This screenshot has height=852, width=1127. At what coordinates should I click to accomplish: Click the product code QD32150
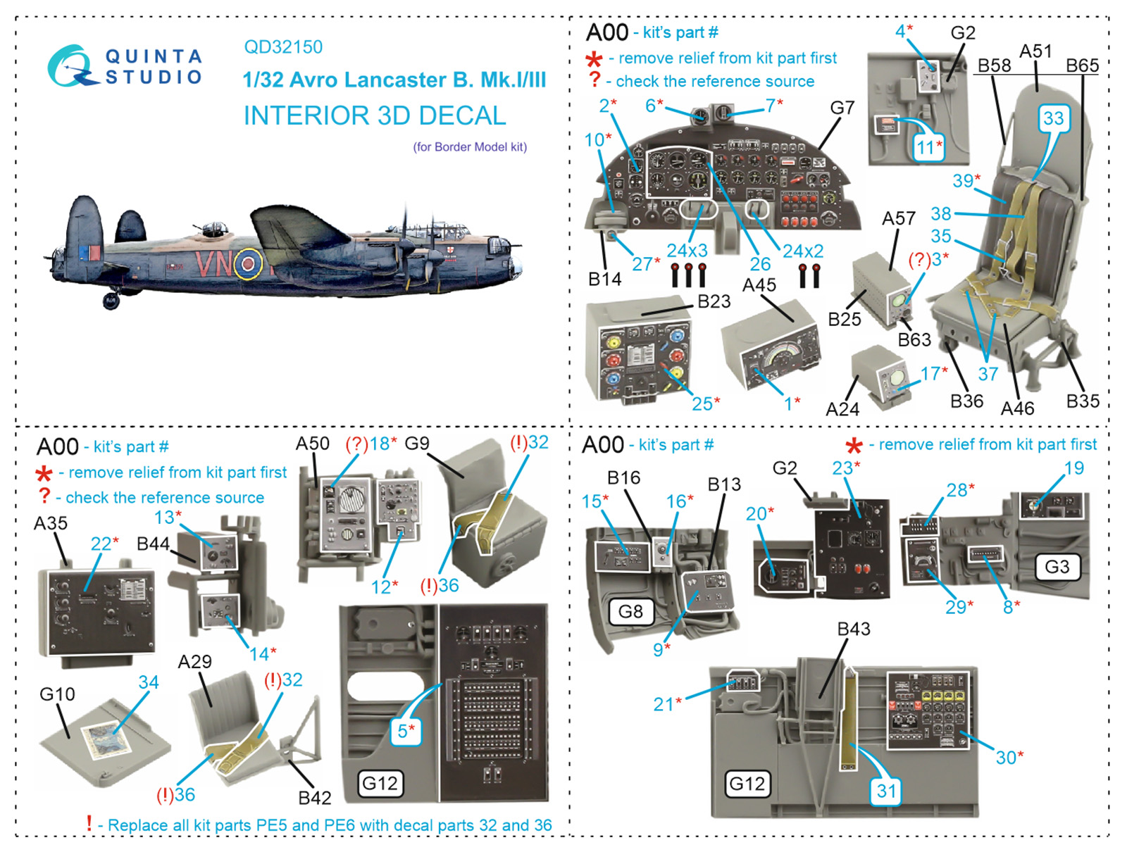283,47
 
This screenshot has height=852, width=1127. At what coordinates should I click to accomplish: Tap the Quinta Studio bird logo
70,67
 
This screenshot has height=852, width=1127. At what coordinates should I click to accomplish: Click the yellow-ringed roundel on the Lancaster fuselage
247,264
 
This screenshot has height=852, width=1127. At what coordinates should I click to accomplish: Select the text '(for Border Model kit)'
470,147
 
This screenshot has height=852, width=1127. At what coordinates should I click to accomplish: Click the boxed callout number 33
1053,118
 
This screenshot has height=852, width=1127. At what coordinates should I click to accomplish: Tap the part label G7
842,108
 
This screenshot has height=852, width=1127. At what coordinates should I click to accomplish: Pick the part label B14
604,280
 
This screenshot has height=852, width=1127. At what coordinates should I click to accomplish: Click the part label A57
898,219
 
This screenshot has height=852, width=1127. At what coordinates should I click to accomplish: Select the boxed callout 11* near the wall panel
928,148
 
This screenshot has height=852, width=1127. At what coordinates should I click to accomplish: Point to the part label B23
714,301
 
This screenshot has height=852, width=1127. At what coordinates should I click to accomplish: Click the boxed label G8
630,611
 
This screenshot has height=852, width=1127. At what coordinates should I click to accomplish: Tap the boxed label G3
1057,567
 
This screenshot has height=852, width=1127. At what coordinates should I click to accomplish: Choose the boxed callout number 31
886,791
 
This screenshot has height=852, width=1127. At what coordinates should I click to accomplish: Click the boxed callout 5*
405,730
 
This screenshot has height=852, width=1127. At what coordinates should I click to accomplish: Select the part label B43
853,629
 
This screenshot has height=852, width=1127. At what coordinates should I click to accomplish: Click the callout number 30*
1009,758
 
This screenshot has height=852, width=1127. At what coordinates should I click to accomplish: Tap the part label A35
51,523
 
